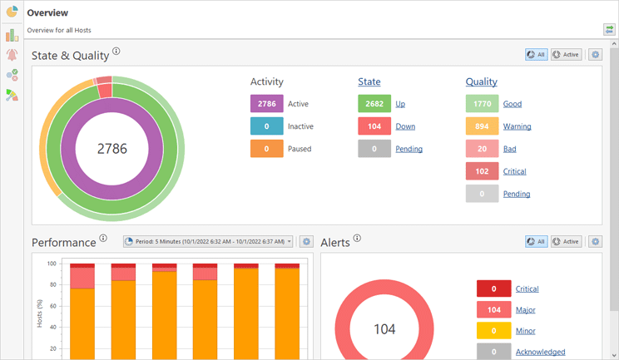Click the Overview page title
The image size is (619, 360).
[x=47, y=13]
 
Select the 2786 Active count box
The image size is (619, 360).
[x=266, y=104]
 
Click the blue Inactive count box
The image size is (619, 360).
[x=266, y=126]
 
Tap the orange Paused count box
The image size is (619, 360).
[x=266, y=149]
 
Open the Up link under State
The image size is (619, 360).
[x=400, y=104]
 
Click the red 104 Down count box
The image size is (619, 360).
[x=374, y=126]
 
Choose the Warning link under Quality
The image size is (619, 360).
[x=517, y=126]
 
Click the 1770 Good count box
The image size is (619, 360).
[x=482, y=104]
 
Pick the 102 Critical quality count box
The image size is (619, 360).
[x=482, y=171]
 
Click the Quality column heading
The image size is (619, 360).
[x=481, y=81]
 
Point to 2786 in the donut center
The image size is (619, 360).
[x=112, y=149]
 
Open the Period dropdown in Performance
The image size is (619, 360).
[x=208, y=241]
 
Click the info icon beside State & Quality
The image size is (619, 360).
[x=116, y=52]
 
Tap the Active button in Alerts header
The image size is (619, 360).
[x=566, y=241]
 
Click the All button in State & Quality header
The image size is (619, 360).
[x=536, y=55]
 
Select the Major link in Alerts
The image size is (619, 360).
[x=525, y=310]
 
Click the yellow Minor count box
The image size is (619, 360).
[x=493, y=331]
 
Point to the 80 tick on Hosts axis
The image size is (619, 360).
[x=52, y=284]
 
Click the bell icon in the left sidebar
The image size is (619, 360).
[x=12, y=55]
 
